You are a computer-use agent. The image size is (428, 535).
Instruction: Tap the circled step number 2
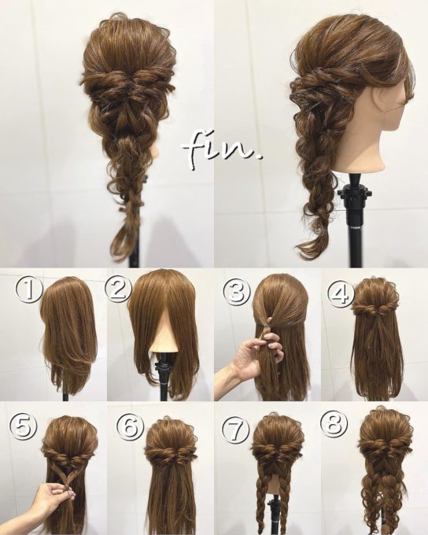[x=118, y=291]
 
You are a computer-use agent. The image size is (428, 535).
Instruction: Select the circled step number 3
[x=234, y=291]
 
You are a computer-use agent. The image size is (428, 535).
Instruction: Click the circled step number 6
[x=130, y=426]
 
